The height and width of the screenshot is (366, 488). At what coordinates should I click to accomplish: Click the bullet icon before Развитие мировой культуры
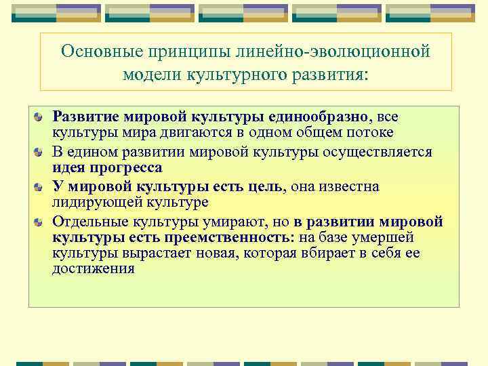point(41,118)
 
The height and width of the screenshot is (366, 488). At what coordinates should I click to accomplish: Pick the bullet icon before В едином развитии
point(41,151)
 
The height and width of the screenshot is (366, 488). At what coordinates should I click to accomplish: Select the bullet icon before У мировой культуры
point(41,186)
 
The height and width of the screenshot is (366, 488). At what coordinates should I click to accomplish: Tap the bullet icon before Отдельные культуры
point(41,221)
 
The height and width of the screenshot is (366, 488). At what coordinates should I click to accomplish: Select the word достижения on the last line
point(94,269)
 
